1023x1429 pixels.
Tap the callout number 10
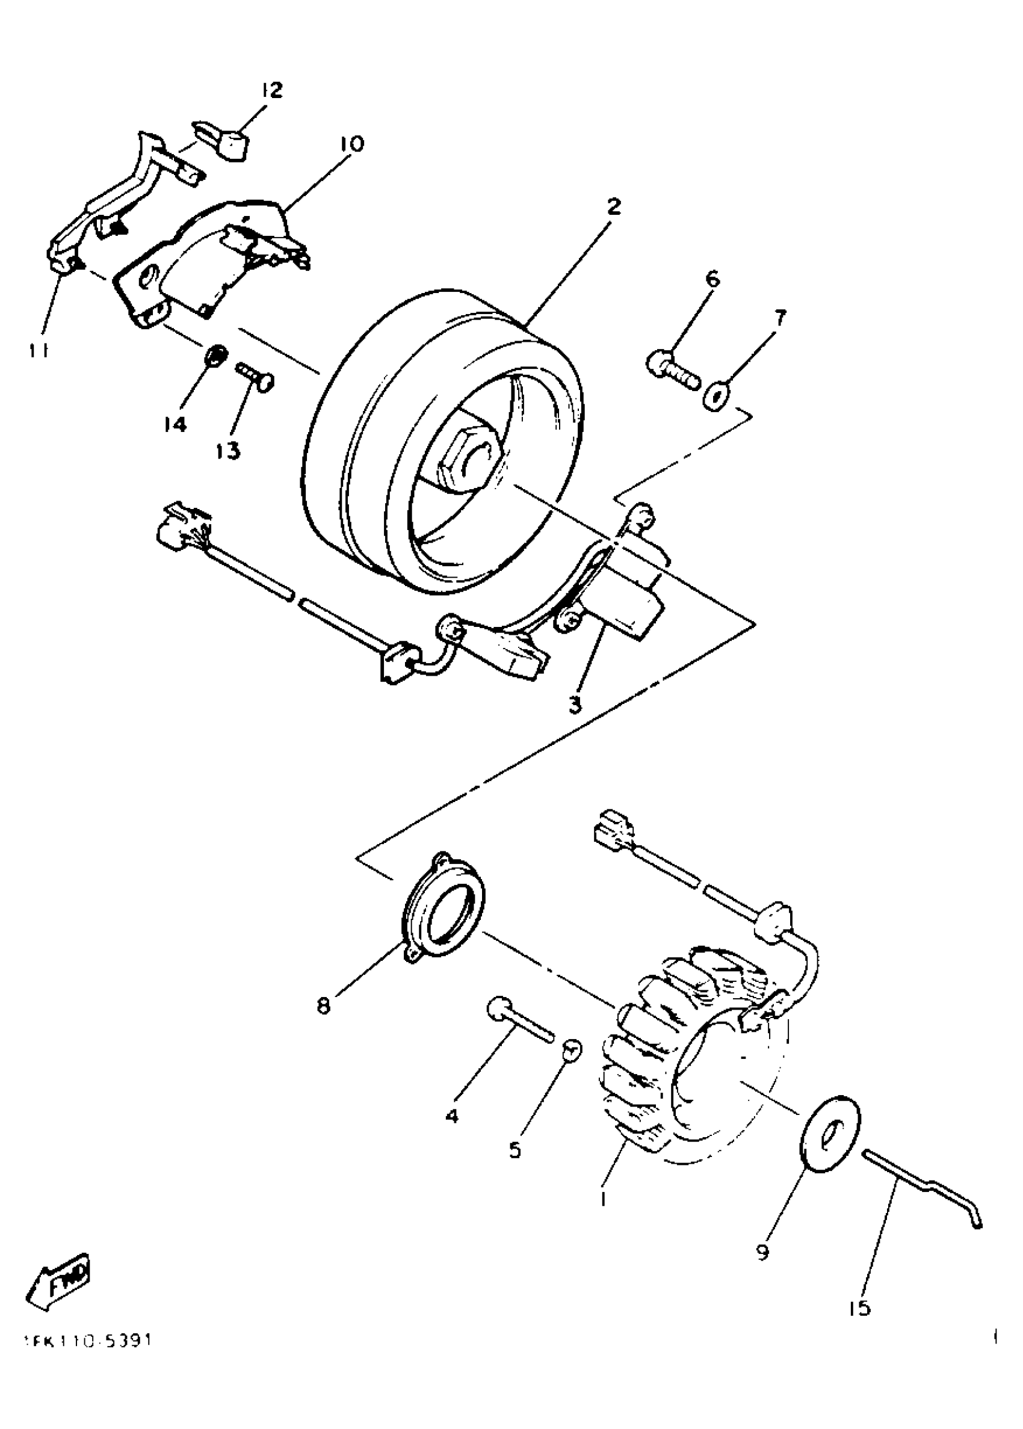pos(351,144)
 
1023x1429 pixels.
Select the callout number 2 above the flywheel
pos(614,206)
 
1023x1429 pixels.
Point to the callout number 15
pos(859,1308)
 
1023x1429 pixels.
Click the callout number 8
pos(323,1007)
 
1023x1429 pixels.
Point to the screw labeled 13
pos(256,377)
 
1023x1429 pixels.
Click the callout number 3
pos(575,705)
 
